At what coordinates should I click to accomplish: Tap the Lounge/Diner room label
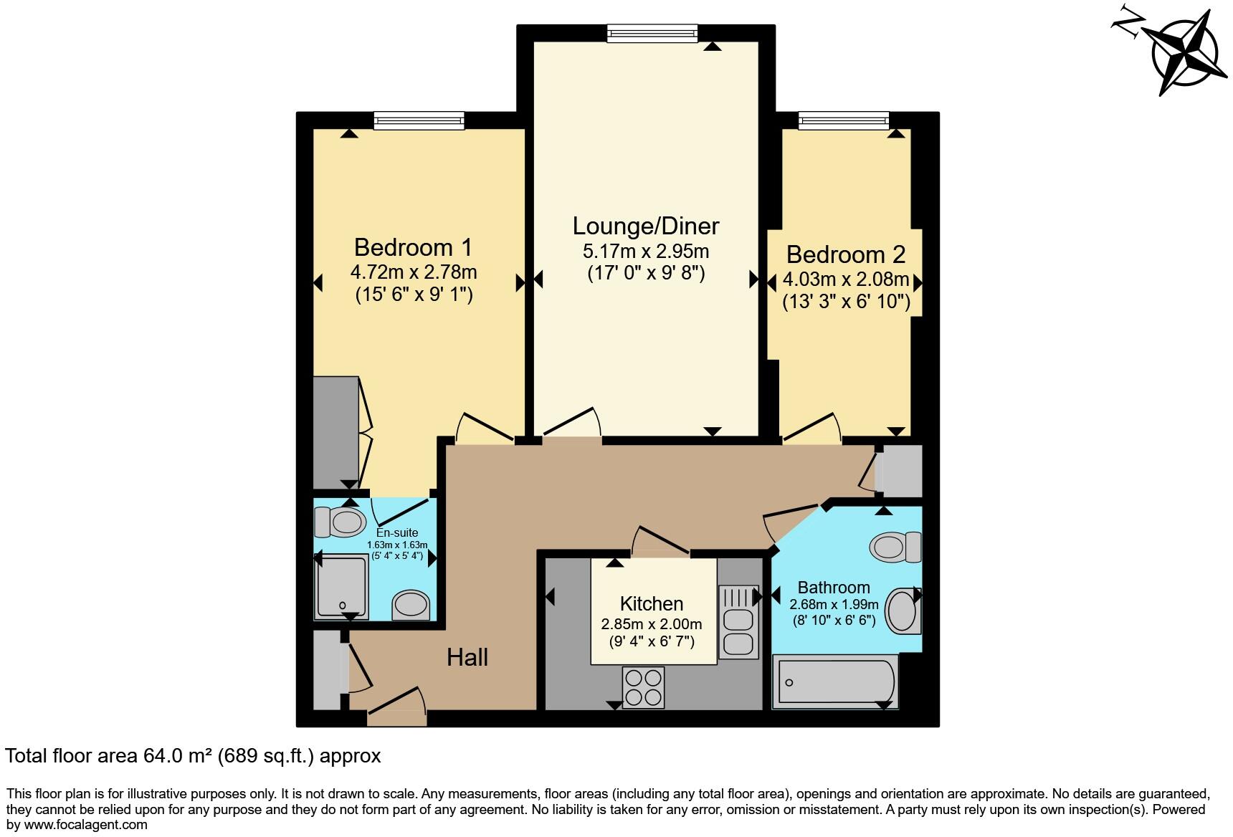645,226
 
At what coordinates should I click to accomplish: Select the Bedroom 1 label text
413,248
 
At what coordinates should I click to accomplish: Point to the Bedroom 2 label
845,255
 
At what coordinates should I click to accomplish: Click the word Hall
467,657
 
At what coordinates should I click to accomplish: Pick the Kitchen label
651,604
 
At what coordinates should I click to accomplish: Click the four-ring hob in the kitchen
643,687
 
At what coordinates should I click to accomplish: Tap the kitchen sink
738,621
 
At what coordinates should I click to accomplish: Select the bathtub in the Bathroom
834,681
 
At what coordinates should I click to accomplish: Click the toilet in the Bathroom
895,547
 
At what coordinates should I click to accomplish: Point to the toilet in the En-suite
340,522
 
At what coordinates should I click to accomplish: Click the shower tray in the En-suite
342,587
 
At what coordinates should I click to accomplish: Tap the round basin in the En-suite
411,604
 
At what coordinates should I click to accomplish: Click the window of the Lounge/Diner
652,33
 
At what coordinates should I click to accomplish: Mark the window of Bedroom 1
419,120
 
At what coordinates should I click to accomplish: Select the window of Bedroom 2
844,120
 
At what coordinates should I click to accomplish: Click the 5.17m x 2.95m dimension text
646,252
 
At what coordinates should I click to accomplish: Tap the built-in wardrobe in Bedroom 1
336,433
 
